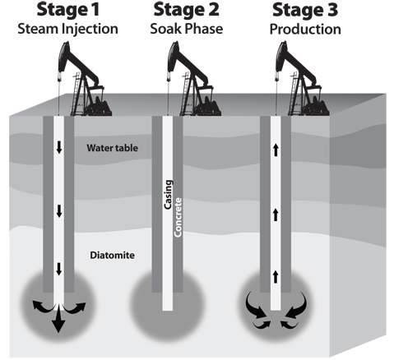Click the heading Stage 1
click(67, 10)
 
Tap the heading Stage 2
click(187, 10)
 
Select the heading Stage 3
click(305, 10)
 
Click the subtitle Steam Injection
click(67, 29)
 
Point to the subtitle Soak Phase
click(187, 29)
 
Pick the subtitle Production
click(305, 29)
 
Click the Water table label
click(113, 148)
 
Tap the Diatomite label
click(113, 256)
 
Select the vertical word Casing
click(168, 195)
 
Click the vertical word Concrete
click(178, 217)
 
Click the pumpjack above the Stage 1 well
click(84, 79)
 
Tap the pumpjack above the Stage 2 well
click(193, 79)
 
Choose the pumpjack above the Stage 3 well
click(301, 79)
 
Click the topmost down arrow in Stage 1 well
click(59, 148)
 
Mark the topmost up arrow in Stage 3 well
click(276, 150)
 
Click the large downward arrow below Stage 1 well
click(58, 320)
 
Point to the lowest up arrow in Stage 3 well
click(276, 277)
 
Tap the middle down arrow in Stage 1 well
click(59, 211)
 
